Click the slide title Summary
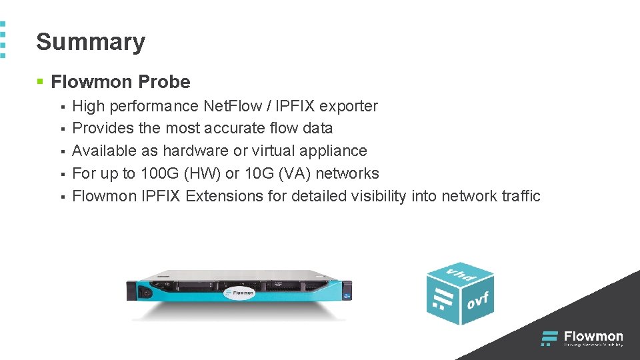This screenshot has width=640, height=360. (91, 41)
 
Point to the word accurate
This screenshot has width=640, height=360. (231, 128)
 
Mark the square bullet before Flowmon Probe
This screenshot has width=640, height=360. (40, 82)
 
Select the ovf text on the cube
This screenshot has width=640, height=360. (478, 301)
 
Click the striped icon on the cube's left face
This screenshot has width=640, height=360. (440, 297)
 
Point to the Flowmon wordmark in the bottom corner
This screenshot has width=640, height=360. (593, 337)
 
